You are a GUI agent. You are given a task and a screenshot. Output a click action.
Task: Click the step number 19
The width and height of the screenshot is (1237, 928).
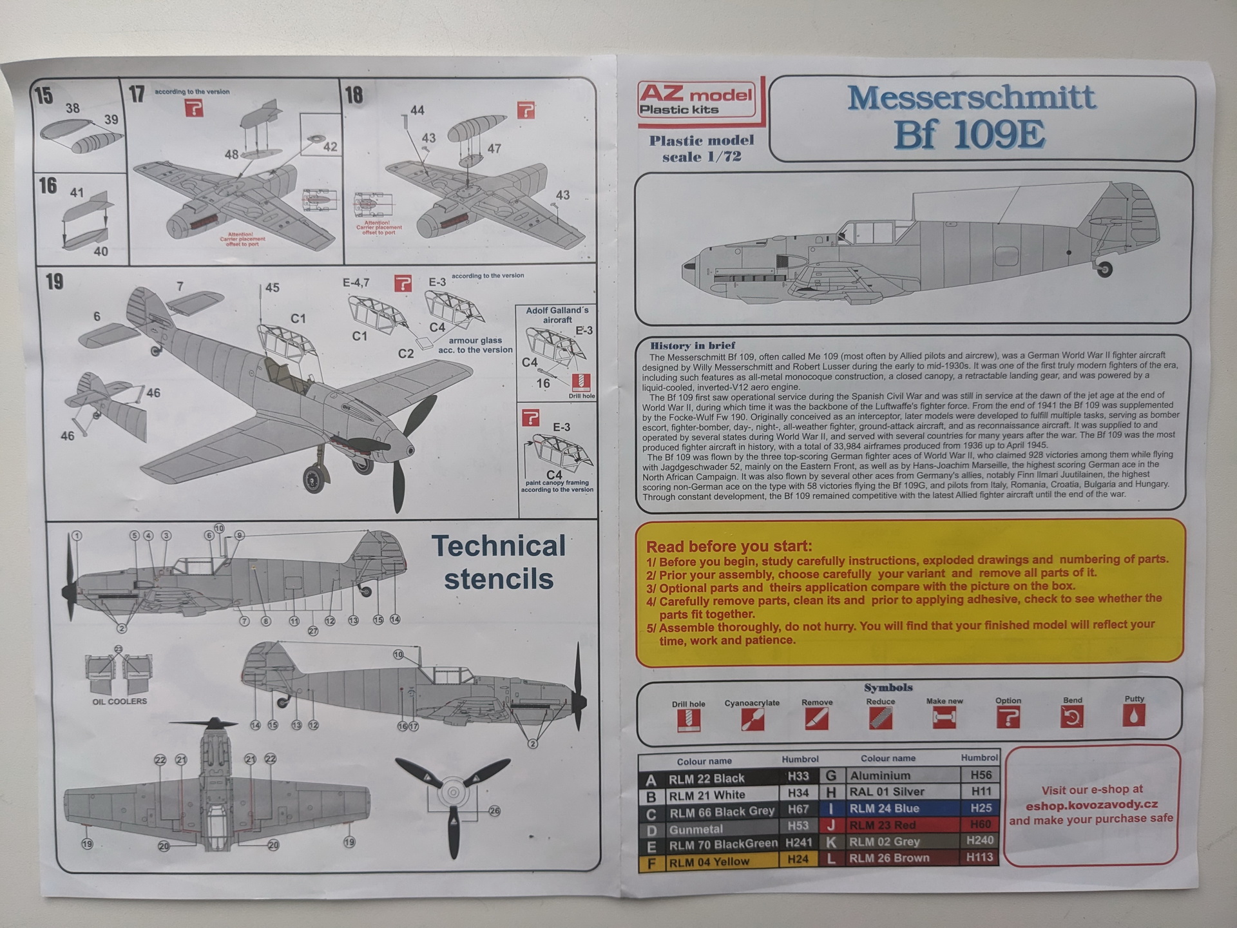[55, 282]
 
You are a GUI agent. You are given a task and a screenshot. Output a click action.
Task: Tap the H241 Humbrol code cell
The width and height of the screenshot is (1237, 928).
[799, 843]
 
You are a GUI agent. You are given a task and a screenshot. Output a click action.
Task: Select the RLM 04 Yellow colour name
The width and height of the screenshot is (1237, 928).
[709, 862]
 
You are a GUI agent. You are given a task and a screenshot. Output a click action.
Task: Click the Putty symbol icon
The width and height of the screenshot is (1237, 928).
[1134, 716]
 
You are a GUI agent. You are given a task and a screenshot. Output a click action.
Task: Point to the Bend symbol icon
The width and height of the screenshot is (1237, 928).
[1072, 717]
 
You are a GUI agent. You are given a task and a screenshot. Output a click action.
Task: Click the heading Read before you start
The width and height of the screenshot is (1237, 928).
[729, 546]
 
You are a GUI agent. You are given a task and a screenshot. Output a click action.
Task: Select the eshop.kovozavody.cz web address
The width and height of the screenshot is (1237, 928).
[1091, 805]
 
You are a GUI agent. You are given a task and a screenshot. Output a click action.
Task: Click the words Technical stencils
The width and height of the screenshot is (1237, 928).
[499, 563]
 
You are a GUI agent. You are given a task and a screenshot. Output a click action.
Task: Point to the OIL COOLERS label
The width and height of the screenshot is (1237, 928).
[120, 701]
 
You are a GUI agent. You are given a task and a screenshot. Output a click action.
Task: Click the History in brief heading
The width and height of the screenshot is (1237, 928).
[692, 345]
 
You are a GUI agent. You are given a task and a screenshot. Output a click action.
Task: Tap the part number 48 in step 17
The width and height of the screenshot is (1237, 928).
[231, 155]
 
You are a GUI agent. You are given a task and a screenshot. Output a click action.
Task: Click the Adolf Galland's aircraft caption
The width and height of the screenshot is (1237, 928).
[557, 314]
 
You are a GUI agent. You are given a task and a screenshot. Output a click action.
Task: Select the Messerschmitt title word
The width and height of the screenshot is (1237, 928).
[972, 98]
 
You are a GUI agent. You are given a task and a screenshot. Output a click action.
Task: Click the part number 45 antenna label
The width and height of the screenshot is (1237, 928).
[273, 287]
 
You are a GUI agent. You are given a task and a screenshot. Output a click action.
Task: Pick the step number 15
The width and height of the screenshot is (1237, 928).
[44, 96]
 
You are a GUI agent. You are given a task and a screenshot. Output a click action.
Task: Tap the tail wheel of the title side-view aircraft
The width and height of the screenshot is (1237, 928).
[1104, 269]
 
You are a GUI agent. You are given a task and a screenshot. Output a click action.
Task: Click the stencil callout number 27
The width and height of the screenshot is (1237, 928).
[313, 631]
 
